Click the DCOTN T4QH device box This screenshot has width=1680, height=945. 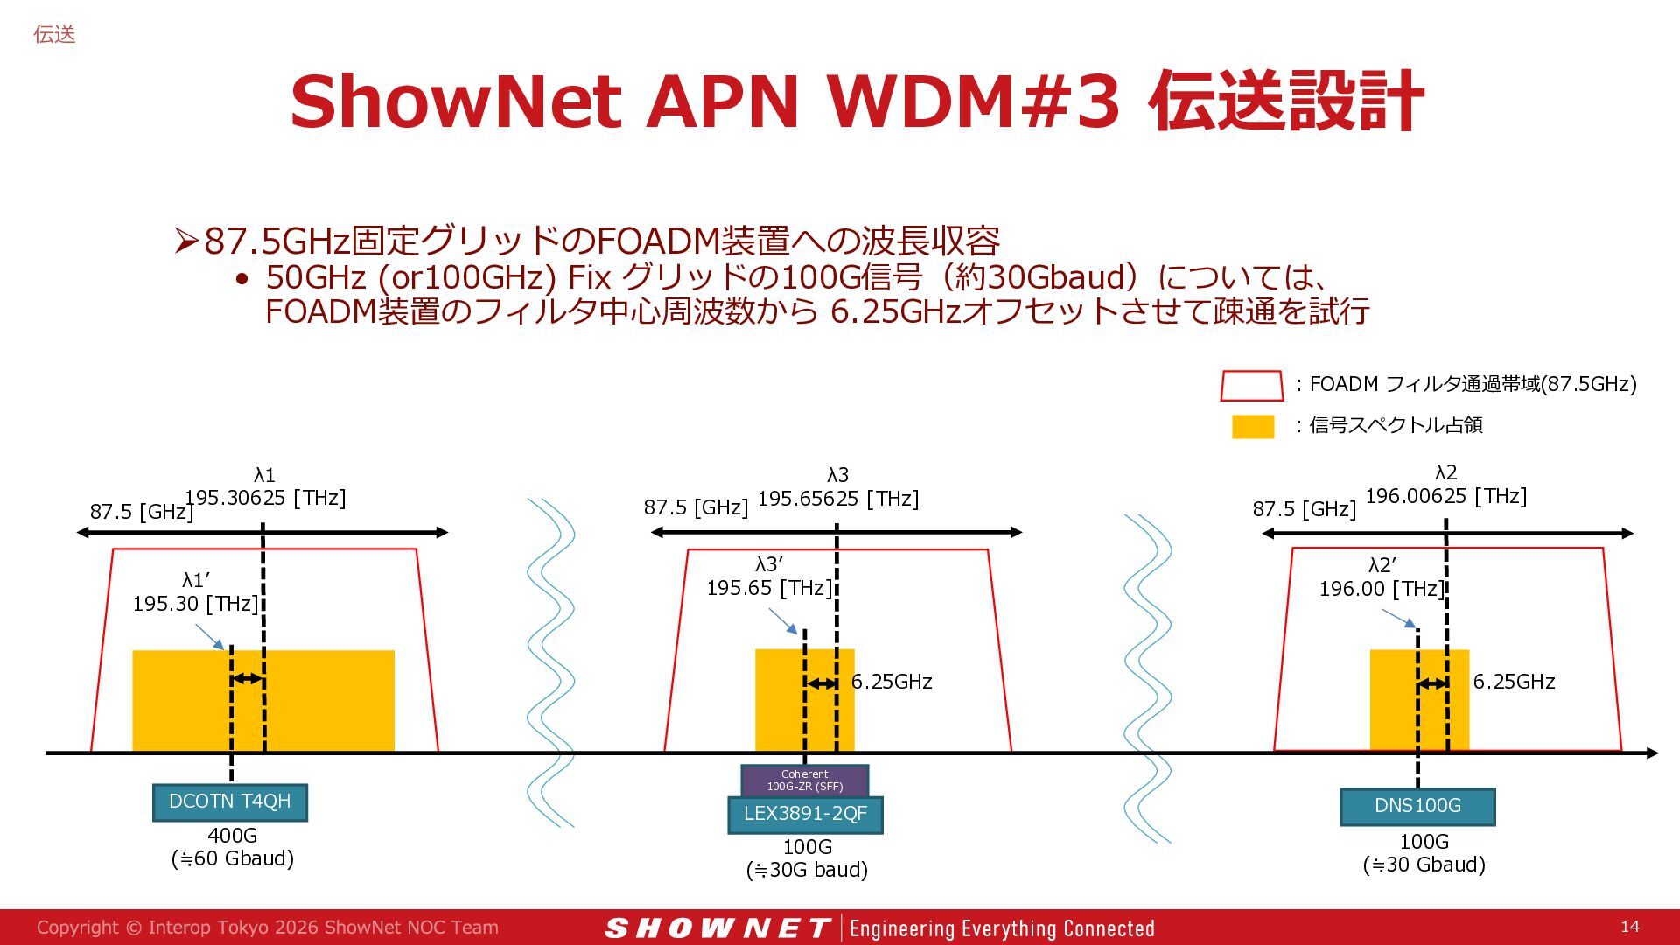point(230,802)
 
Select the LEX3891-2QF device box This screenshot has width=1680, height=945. point(805,814)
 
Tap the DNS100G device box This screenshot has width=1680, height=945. point(1417,806)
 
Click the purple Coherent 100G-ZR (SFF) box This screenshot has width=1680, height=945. point(805,780)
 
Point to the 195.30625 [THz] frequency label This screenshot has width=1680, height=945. point(265,498)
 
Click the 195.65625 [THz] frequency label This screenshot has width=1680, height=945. point(838,499)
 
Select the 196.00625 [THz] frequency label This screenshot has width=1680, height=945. point(1446,496)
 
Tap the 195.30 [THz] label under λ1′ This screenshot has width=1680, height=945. point(195,604)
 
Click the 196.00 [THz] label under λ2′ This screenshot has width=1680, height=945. point(1382,589)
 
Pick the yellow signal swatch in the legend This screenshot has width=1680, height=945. point(1253,426)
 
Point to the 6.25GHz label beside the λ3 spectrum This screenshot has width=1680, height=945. point(892,682)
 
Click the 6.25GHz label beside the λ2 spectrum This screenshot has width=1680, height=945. point(1514,682)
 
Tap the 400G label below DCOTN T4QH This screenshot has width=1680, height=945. point(233,836)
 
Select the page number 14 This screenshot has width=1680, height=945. point(1630,927)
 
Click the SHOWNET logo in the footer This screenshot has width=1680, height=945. point(717,928)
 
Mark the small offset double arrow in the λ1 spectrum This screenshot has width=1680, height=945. point(248,679)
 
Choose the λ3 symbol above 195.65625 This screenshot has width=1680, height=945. point(838,475)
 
